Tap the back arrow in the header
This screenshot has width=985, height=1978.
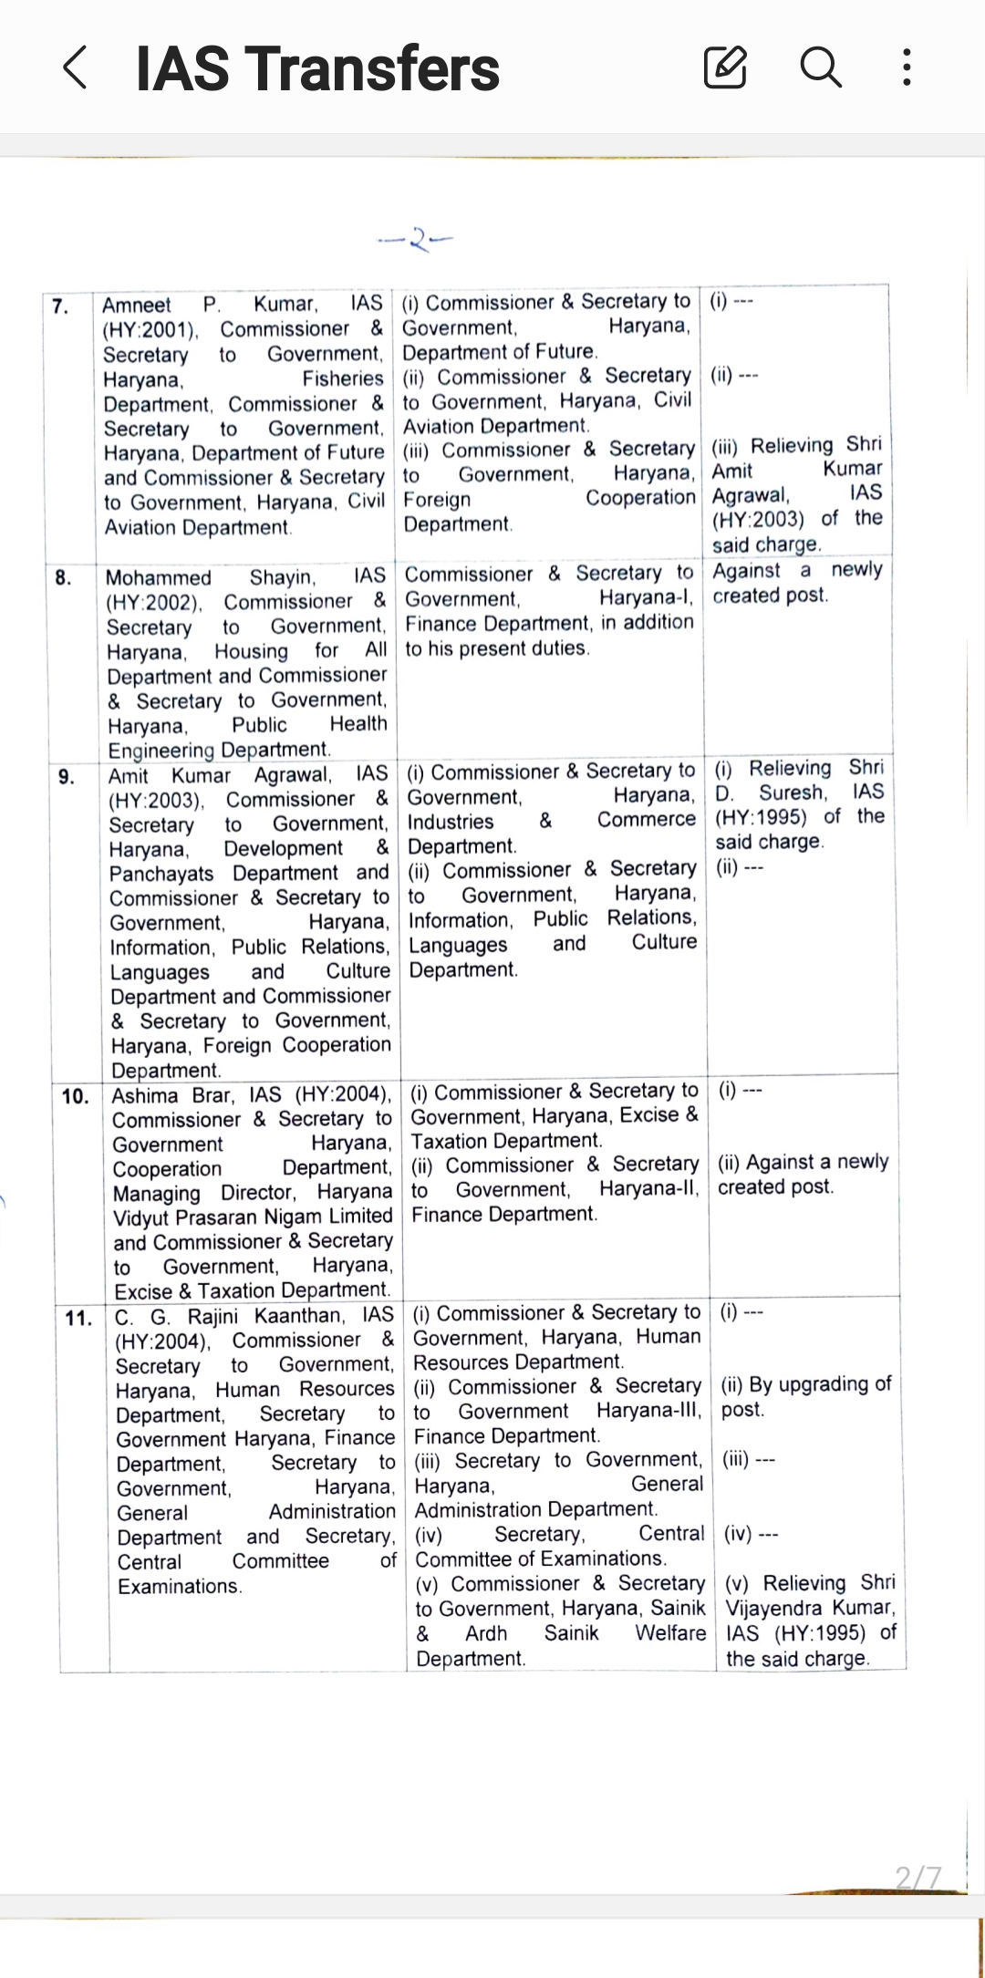(x=76, y=68)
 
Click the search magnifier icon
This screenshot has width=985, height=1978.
(x=820, y=67)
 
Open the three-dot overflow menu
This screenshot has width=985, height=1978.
(x=906, y=67)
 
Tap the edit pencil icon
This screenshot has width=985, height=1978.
(x=726, y=67)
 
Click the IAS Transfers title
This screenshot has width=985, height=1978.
(x=317, y=69)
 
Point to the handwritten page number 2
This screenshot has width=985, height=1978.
(x=417, y=240)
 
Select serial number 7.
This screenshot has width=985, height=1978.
(x=60, y=306)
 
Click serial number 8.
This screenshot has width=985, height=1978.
(x=63, y=578)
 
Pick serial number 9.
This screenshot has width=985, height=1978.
(x=67, y=777)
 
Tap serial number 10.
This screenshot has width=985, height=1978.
(x=76, y=1096)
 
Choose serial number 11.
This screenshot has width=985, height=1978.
(x=78, y=1318)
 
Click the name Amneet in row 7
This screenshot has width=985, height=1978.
(x=137, y=305)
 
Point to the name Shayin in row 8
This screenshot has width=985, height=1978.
(x=282, y=577)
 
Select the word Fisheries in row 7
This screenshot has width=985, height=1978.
(x=343, y=378)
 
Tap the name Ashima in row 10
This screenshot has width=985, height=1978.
(x=145, y=1095)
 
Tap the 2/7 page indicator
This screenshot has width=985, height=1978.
(x=918, y=1878)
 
